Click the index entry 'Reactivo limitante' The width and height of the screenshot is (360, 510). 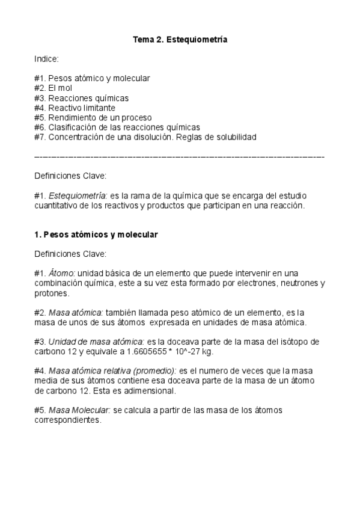81,108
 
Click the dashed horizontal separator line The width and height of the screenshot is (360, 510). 180,156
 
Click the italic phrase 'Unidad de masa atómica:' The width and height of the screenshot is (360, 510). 97,342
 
